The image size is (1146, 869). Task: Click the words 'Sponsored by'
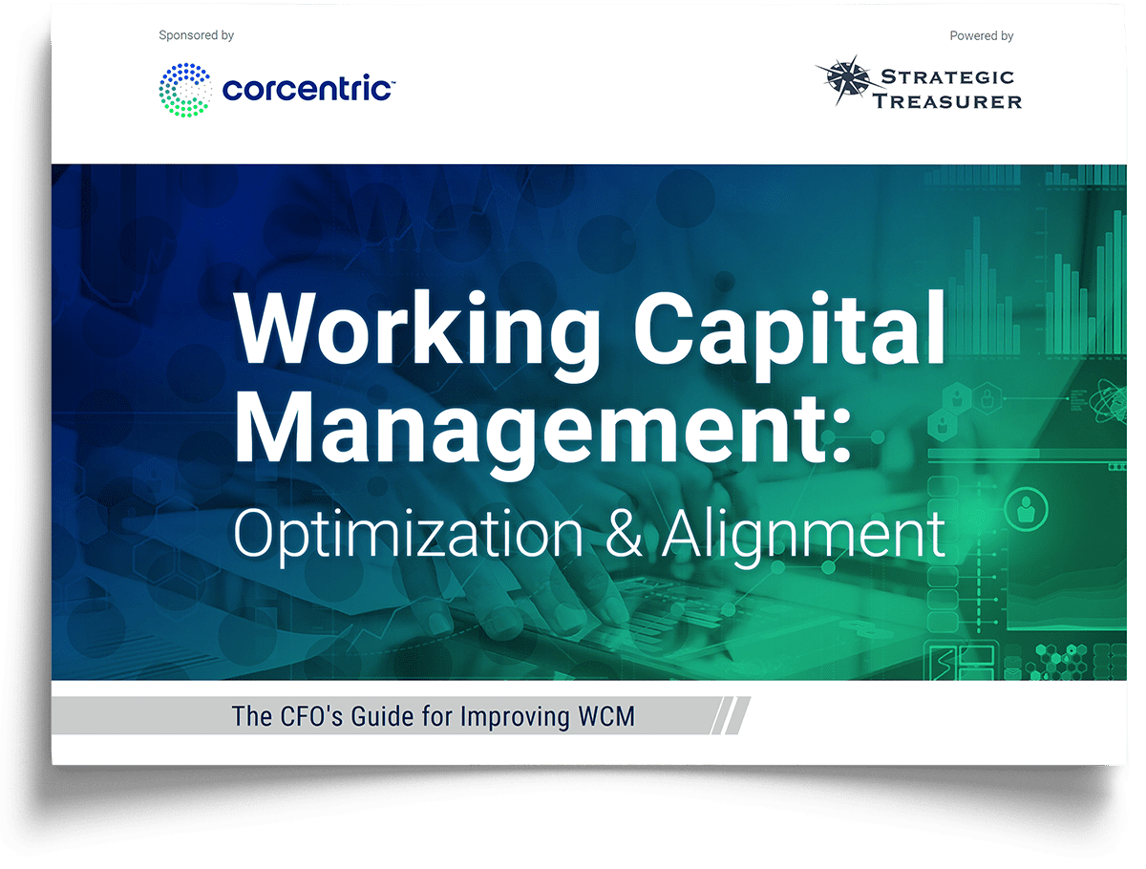[196, 35]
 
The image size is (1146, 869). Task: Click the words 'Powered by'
[981, 36]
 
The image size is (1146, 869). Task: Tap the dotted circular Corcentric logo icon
[185, 90]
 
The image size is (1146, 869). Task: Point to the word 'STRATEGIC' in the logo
[947, 77]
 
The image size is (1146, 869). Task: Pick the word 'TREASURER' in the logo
[947, 101]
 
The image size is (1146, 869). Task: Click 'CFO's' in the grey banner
[311, 716]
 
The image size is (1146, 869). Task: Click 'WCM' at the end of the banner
[606, 716]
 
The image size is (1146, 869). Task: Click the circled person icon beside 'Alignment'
[1026, 508]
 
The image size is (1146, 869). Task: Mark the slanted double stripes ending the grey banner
[731, 715]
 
